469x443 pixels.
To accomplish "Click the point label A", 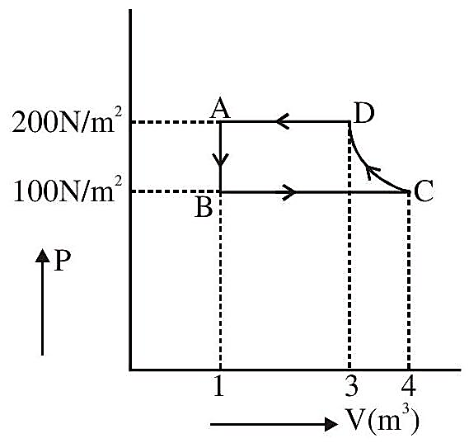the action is pyautogui.click(x=220, y=108).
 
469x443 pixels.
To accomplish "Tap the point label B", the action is pyautogui.click(x=204, y=207).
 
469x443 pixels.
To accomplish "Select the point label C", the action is pyautogui.click(x=424, y=192).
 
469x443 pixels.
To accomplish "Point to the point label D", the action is pyautogui.click(x=364, y=113).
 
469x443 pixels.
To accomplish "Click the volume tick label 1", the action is pyautogui.click(x=219, y=385).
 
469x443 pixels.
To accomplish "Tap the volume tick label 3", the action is pyautogui.click(x=351, y=385).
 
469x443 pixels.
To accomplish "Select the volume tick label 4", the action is pyautogui.click(x=409, y=385).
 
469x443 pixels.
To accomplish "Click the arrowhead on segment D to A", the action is pyautogui.click(x=282, y=121).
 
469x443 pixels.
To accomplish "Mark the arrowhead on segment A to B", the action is pyautogui.click(x=220, y=160).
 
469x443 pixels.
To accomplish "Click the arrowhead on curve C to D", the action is pyautogui.click(x=371, y=172).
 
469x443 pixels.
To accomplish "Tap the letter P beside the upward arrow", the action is pyautogui.click(x=62, y=261).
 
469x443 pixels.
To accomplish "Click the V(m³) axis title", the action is pyautogui.click(x=382, y=422).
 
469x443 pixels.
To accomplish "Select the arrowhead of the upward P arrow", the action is pyautogui.click(x=43, y=257).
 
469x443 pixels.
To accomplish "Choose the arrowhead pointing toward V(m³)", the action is pyautogui.click(x=331, y=424).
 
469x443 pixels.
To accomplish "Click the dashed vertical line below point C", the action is pyautogui.click(x=409, y=280).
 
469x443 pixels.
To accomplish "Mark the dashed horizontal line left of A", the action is pyautogui.click(x=176, y=122).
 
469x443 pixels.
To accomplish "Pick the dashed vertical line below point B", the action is pyautogui.click(x=220, y=280).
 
